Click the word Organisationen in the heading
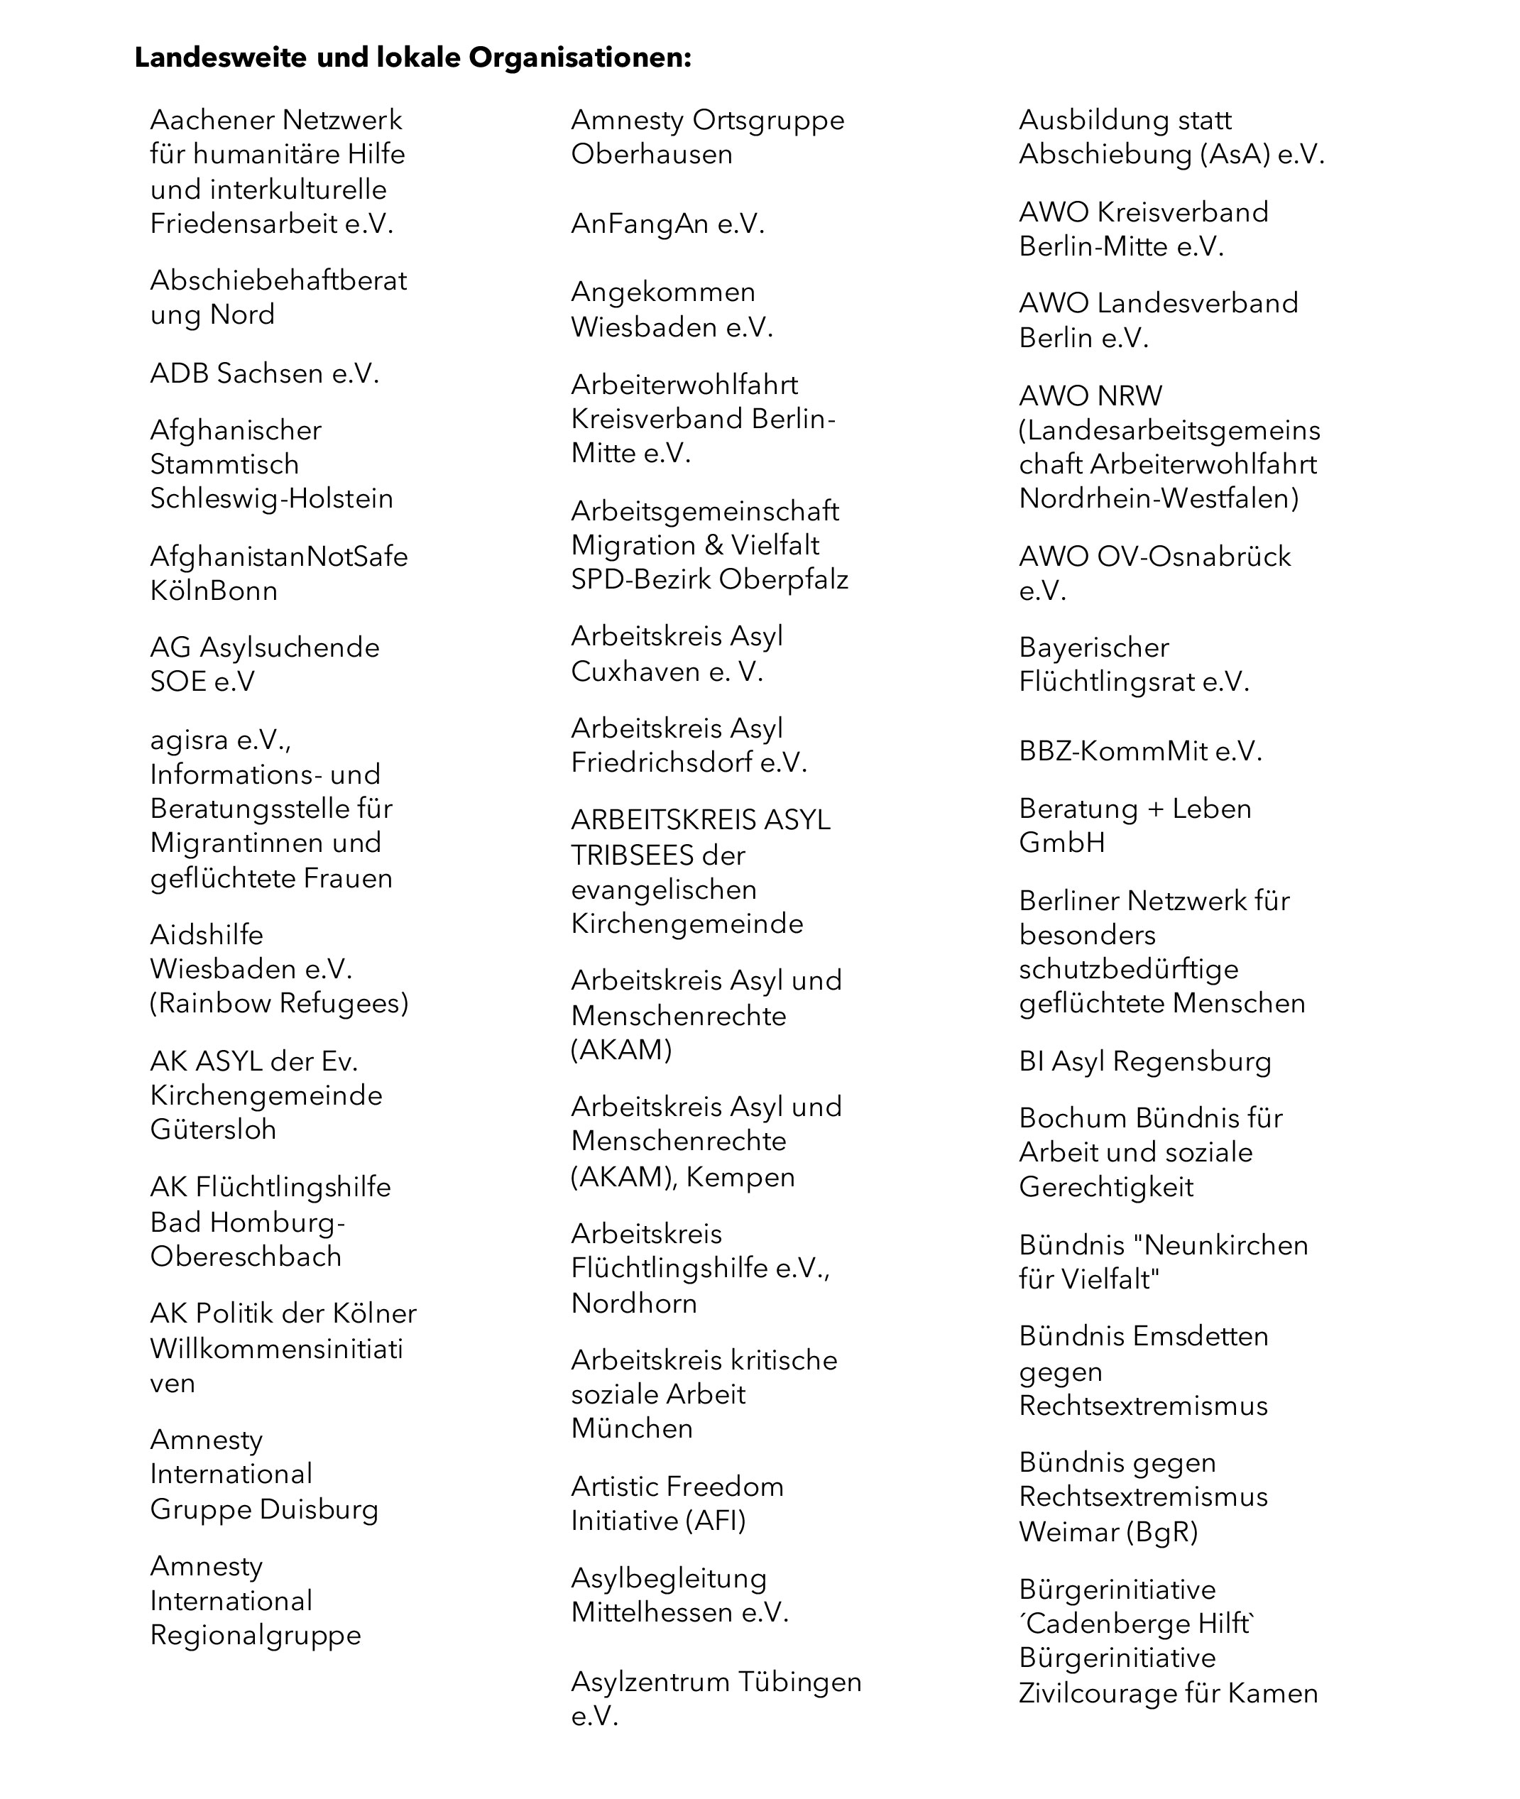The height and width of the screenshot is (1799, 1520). (580, 58)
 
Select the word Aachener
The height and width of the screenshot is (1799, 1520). (210, 120)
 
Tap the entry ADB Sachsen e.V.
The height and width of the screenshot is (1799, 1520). (265, 373)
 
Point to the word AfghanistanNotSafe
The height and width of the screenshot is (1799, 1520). (278, 557)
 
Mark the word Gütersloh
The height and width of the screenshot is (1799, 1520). (213, 1130)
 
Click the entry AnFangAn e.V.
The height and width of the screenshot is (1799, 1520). (668, 224)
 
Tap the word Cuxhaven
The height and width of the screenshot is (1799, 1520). (635, 671)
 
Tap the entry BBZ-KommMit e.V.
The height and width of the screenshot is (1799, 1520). (1140, 751)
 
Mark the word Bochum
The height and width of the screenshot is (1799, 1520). (1073, 1118)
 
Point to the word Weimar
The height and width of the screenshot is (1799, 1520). (1068, 1532)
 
